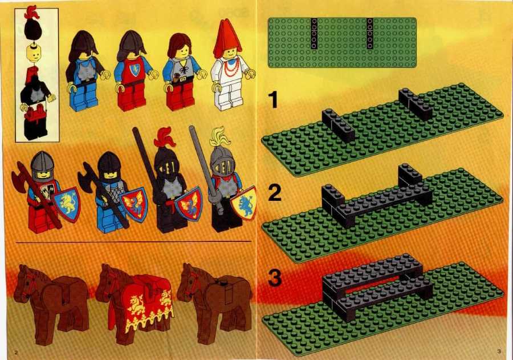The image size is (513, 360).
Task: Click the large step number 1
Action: (x=272, y=99)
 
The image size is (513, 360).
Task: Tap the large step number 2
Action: (x=275, y=193)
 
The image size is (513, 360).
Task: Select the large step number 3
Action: (x=275, y=277)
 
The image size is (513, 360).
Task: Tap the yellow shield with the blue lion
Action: (x=244, y=204)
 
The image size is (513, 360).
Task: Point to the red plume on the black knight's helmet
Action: (x=165, y=137)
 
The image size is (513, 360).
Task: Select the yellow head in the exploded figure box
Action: (x=34, y=54)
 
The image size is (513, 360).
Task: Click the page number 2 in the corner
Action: (x=17, y=353)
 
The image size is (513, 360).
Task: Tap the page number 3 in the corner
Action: (x=499, y=351)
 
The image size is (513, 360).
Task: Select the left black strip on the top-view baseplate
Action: (x=314, y=33)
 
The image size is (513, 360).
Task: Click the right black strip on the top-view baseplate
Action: (x=370, y=33)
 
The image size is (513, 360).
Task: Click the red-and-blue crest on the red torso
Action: (x=135, y=70)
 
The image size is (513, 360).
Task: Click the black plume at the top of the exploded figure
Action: (x=34, y=27)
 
